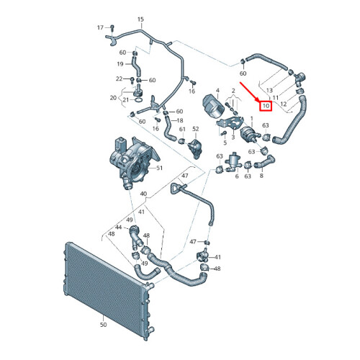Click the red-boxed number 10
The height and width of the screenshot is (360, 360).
(266, 106)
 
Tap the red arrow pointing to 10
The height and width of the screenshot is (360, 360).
(249, 92)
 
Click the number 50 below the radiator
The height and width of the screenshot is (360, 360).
(103, 325)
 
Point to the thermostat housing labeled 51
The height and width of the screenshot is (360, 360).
(133, 163)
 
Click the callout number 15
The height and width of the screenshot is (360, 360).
(140, 19)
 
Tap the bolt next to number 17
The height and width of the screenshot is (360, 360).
(112, 28)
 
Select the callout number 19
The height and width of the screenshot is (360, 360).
(120, 64)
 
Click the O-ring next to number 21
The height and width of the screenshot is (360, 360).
(139, 99)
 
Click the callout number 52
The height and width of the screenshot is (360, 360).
(196, 129)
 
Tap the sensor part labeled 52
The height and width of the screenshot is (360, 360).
(195, 149)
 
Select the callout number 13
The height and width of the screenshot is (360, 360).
(269, 90)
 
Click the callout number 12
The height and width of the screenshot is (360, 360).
(284, 104)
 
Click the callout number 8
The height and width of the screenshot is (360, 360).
(261, 176)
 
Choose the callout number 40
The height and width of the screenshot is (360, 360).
(143, 194)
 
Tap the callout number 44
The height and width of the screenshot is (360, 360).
(119, 227)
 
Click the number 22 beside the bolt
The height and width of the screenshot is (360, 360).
(119, 78)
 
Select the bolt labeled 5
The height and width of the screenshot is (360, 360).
(224, 133)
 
